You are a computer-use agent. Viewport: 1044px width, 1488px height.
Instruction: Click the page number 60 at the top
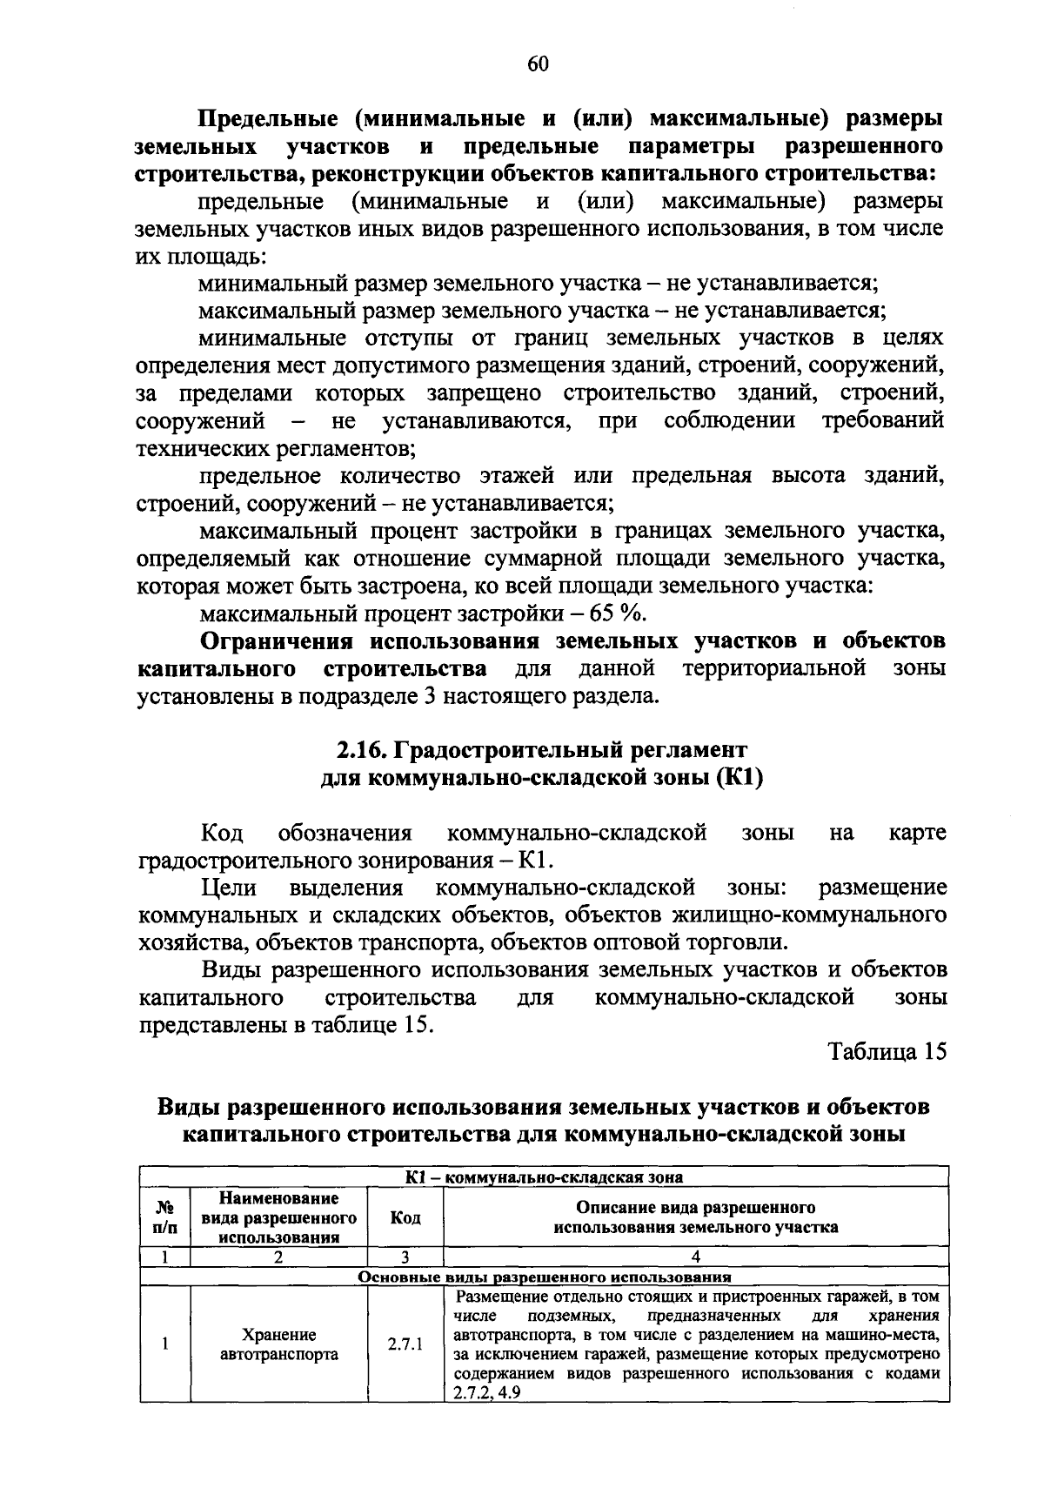tap(538, 64)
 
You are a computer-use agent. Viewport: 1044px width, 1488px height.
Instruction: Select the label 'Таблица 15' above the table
tap(887, 1052)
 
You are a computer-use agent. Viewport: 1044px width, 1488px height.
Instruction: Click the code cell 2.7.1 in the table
tap(405, 1344)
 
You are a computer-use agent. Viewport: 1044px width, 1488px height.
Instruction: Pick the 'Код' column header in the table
tap(405, 1217)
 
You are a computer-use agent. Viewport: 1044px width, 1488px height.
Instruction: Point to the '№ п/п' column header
tap(164, 1217)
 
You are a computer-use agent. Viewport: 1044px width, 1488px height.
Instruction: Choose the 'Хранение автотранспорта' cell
tap(279, 1344)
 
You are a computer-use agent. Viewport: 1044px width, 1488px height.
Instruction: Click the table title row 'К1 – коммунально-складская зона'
tap(544, 1177)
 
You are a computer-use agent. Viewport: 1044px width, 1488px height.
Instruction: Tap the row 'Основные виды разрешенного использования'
tap(544, 1277)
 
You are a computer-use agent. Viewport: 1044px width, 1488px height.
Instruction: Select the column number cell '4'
tap(695, 1257)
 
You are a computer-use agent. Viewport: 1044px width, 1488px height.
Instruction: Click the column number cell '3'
tap(405, 1257)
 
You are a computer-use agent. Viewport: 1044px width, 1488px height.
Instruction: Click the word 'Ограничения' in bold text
tap(277, 641)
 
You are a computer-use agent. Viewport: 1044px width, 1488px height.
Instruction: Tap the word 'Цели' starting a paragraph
tap(228, 888)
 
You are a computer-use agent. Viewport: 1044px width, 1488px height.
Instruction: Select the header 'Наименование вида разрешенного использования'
tap(279, 1217)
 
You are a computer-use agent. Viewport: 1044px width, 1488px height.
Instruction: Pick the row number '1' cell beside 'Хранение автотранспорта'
tap(164, 1344)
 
